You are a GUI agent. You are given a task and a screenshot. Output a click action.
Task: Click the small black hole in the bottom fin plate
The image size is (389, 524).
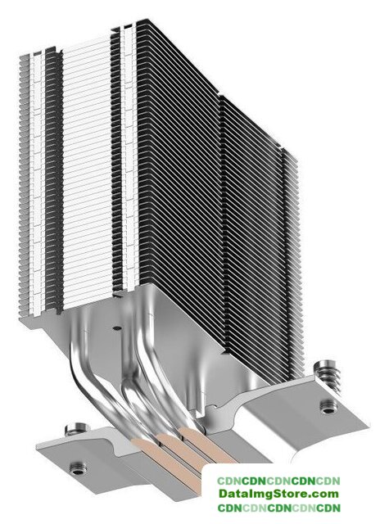116,327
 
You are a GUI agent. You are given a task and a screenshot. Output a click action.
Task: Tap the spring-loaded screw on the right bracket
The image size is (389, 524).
328,375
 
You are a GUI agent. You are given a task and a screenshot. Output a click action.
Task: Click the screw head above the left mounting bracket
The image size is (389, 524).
78,428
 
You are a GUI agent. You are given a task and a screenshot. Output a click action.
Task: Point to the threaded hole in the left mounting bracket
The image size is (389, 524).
77,468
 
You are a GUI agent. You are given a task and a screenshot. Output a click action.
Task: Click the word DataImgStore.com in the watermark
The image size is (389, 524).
278,493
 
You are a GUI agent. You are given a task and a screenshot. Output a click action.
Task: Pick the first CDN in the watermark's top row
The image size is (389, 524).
229,481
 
